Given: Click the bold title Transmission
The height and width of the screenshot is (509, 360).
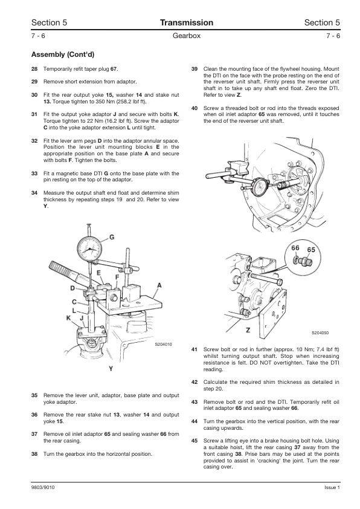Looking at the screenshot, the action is point(187,22).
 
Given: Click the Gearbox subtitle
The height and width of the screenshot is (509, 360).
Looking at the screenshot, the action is point(187,36).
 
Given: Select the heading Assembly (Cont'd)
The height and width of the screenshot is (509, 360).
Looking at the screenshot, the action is point(63,54).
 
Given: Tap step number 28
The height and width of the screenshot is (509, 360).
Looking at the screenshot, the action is point(34,69).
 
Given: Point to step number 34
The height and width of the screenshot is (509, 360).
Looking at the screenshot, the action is point(34,193).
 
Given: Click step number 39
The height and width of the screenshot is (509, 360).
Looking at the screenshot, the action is point(194,69).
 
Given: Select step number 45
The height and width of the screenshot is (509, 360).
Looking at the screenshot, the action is point(194,441).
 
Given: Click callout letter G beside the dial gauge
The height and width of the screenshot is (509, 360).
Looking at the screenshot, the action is point(112,238).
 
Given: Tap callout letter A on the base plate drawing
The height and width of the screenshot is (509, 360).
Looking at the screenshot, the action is point(159,285).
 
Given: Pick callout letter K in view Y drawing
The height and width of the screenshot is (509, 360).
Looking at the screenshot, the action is point(68,318).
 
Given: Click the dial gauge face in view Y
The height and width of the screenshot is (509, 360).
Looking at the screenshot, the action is point(89,250).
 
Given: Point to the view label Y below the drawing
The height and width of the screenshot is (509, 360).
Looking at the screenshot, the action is point(111,369).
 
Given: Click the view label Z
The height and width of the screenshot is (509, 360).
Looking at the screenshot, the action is point(248,331).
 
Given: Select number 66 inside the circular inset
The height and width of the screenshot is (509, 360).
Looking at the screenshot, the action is point(295,248).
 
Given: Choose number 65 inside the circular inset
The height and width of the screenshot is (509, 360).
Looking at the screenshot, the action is point(311,250).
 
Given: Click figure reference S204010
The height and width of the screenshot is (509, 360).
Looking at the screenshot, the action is point(164,345).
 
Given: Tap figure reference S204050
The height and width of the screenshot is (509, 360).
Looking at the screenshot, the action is point(320,332).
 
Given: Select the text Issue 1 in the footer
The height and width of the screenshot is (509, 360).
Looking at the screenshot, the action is point(332,487).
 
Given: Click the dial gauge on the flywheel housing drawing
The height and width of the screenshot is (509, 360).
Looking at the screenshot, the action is point(262,187).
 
